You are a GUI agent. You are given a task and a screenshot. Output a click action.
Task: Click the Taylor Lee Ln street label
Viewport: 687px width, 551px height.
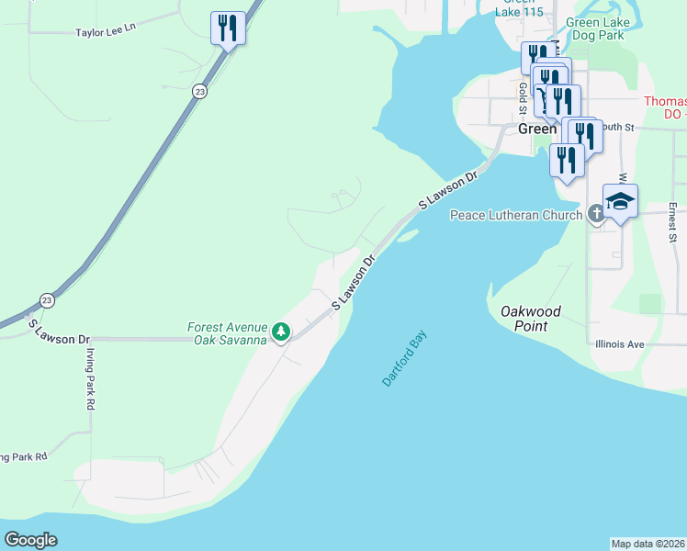coord(105,29)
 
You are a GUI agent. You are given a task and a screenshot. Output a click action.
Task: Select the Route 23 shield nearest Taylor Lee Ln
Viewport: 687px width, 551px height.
coord(199,91)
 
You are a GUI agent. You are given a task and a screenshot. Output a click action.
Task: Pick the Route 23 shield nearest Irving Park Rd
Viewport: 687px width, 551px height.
coord(47,300)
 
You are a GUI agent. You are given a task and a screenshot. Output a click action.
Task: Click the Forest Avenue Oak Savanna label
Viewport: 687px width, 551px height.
coord(227,333)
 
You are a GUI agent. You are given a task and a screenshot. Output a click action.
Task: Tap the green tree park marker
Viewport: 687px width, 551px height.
coord(281,332)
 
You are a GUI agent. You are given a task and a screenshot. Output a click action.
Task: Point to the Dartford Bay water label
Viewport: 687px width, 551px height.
coord(405,360)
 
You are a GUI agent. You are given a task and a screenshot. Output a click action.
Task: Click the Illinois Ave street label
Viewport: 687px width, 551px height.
coord(619,345)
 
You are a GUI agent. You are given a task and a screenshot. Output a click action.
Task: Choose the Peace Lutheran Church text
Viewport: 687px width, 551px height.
coord(515,215)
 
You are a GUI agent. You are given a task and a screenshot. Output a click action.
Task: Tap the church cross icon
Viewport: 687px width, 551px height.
coord(596,216)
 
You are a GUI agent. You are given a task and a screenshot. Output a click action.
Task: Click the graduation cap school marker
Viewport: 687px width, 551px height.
coord(620,201)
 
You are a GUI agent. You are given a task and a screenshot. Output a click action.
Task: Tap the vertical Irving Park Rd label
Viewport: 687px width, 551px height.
coord(90,378)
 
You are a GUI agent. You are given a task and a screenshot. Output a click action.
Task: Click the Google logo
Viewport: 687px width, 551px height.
coord(31,539)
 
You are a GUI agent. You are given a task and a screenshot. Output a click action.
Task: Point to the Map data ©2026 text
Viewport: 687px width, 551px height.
coord(648,544)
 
